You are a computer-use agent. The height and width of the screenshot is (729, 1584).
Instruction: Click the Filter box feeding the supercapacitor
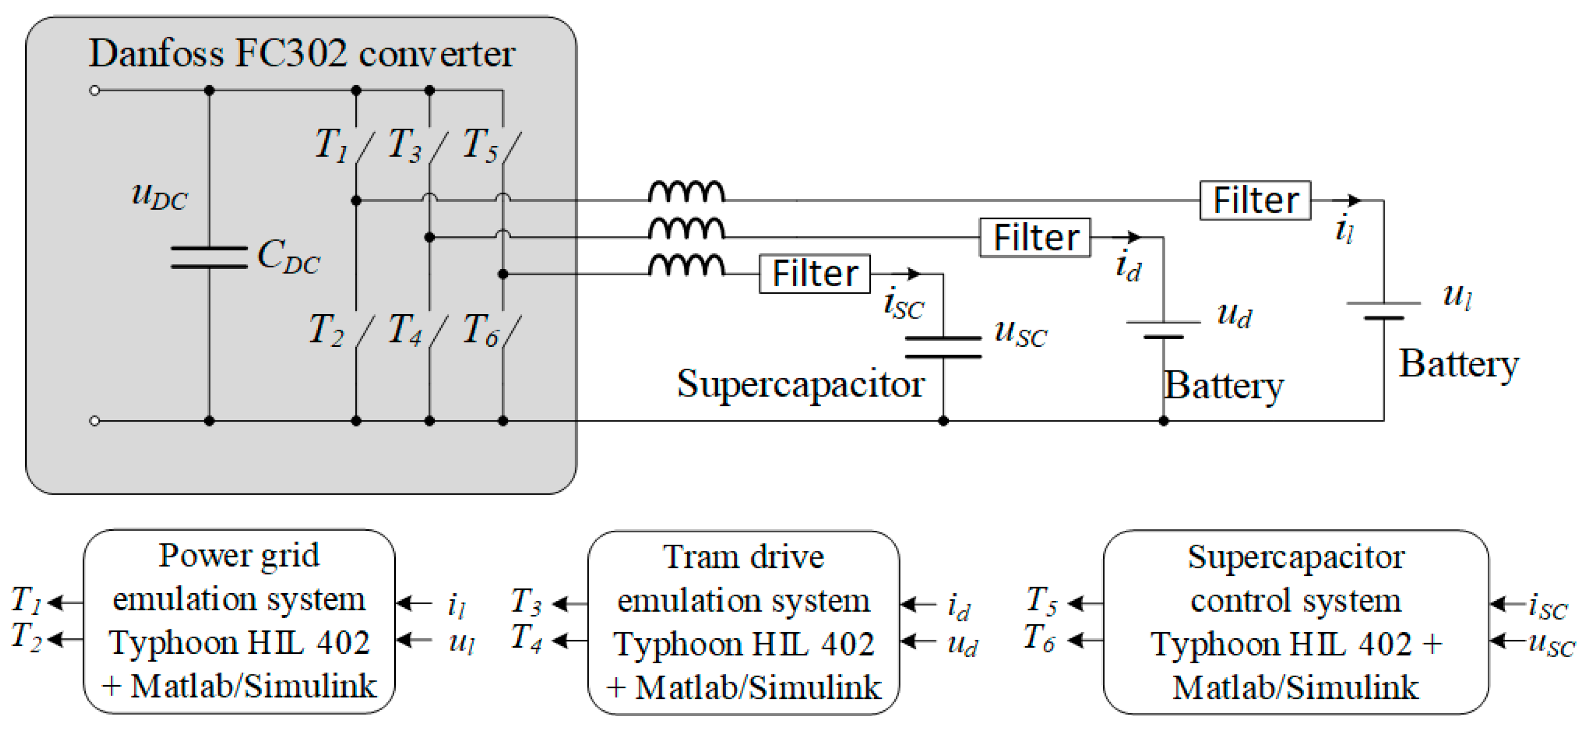click(814, 274)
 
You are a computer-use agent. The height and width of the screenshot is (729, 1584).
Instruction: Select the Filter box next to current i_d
click(1034, 237)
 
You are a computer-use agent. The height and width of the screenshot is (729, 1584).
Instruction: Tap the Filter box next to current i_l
click(1255, 200)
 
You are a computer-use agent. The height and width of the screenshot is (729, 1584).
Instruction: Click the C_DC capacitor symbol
click(209, 257)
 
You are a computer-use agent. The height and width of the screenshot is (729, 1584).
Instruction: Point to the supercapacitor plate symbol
click(943, 347)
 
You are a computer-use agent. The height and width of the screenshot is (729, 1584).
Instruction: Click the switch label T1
click(331, 145)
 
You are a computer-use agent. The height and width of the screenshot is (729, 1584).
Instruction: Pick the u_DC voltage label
click(159, 196)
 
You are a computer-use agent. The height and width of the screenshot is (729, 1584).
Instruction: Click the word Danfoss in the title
click(156, 53)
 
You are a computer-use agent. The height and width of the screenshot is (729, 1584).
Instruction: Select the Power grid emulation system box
click(239, 622)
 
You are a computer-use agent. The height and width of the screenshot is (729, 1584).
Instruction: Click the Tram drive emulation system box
click(743, 623)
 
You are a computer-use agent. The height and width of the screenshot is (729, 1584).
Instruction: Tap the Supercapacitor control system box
click(1296, 623)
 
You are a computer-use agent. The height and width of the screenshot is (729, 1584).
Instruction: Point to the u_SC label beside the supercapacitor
click(1020, 334)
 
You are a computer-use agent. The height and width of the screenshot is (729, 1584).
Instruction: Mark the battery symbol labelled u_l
click(1384, 310)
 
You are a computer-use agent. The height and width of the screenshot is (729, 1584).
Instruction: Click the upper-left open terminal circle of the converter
click(95, 90)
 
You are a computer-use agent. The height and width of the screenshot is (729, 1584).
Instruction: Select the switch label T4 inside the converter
click(405, 330)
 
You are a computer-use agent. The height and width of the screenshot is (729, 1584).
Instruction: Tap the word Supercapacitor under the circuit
click(801, 384)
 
